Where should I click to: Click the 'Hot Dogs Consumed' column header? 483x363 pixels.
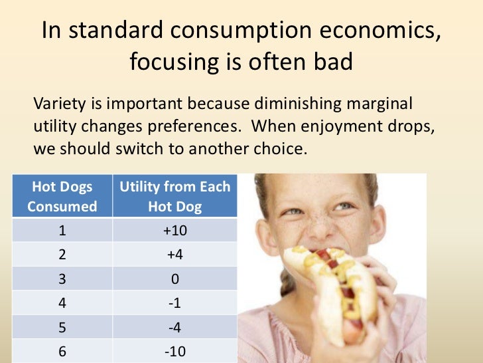point(62,196)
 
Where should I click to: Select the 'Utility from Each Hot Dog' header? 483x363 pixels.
point(174,196)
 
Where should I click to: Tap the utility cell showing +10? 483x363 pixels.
point(174,230)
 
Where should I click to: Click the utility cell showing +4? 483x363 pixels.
point(174,254)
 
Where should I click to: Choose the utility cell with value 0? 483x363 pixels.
point(174,279)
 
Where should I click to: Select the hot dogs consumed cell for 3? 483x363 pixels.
point(62,279)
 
